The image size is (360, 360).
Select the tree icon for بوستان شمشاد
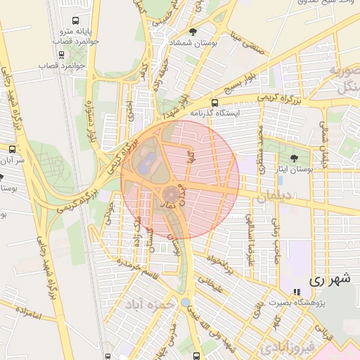coord(193,32)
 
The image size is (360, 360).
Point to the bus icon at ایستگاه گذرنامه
coord(214,103)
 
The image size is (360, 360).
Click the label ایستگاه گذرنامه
coord(214,112)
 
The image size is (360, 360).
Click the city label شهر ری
coord(328,279)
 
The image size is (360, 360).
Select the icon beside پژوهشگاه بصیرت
coord(296,291)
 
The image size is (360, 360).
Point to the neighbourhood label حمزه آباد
coord(149,306)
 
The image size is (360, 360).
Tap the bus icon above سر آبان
coord(12,150)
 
